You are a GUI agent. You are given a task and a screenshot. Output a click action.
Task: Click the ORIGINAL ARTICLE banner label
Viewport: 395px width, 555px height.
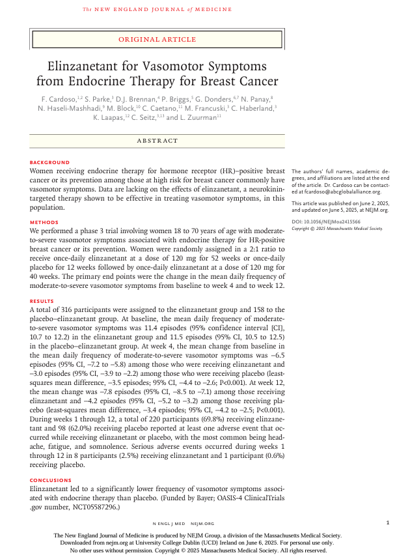(157, 40)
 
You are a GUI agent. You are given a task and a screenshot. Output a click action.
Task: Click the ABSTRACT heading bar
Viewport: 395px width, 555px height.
(157, 141)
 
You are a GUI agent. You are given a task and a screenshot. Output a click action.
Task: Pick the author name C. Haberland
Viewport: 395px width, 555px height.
(251, 108)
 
